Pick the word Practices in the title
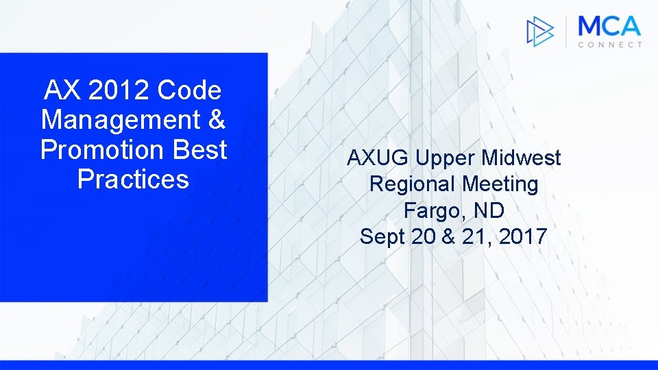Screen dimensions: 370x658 coord(133,180)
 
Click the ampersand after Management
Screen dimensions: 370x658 coord(215,121)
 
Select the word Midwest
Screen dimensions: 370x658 coord(521,158)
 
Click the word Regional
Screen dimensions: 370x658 coord(413,184)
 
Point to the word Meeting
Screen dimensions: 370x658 coord(500,184)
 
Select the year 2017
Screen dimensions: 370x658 coord(523,237)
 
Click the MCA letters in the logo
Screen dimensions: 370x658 coord(609,27)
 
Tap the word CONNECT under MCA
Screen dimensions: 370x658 coord(609,45)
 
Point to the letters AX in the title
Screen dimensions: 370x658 coord(60,90)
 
